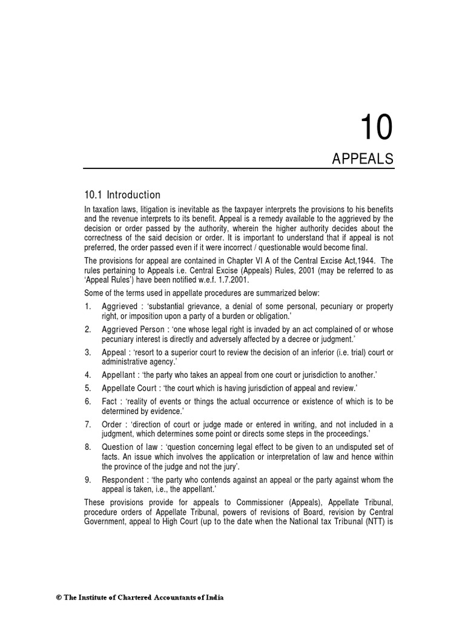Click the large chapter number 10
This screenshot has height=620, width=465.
pyautogui.click(x=376, y=128)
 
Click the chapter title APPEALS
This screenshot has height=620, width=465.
pyautogui.click(x=363, y=159)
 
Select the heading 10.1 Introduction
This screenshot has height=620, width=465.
pyautogui.click(x=122, y=195)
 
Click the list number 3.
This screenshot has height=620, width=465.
pyautogui.click(x=88, y=352)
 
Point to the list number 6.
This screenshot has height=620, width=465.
pyautogui.click(x=88, y=401)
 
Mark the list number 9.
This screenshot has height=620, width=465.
pyautogui.click(x=88, y=480)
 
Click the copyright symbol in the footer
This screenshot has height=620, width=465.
pyautogui.click(x=59, y=598)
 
